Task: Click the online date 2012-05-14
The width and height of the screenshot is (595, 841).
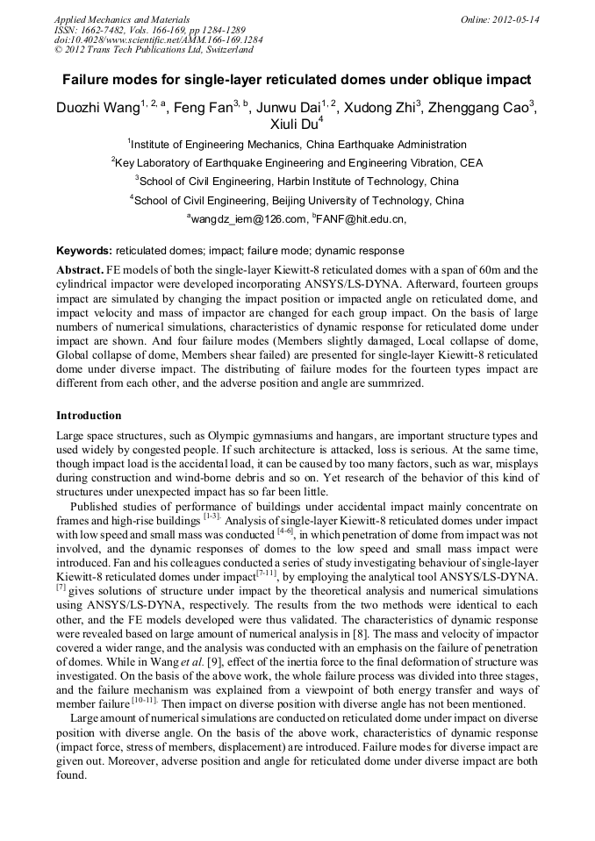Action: [516, 19]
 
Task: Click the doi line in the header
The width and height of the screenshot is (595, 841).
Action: [158, 39]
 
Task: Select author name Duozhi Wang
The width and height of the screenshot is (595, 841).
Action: [94, 108]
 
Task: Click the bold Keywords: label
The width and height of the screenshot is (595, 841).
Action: [84, 250]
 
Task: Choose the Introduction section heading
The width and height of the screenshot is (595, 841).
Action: [89, 416]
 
